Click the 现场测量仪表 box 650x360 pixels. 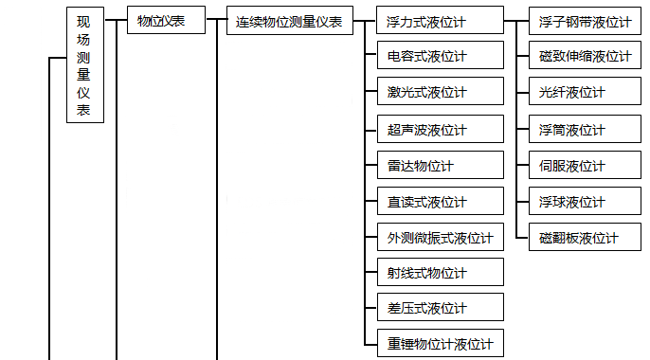[84, 64]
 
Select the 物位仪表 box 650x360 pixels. [166, 20]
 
